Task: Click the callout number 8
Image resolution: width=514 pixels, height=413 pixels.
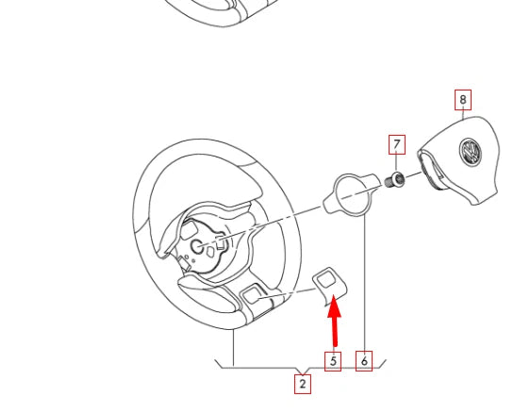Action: [x=462, y=99]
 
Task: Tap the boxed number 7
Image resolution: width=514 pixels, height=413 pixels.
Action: [x=397, y=145]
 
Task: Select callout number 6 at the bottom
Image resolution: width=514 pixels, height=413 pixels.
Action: [x=364, y=360]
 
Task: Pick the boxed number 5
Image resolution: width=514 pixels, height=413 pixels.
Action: [x=332, y=360]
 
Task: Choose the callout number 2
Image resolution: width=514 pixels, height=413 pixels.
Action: [x=303, y=384]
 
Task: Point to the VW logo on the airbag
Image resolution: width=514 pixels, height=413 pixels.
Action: [x=469, y=152]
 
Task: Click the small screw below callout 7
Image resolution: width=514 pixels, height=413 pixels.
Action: [x=398, y=179]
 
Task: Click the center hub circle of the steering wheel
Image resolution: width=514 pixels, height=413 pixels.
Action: [x=199, y=247]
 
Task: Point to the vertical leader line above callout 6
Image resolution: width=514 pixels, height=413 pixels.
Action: [x=364, y=283]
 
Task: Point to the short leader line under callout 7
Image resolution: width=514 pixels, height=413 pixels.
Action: [x=397, y=162]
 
